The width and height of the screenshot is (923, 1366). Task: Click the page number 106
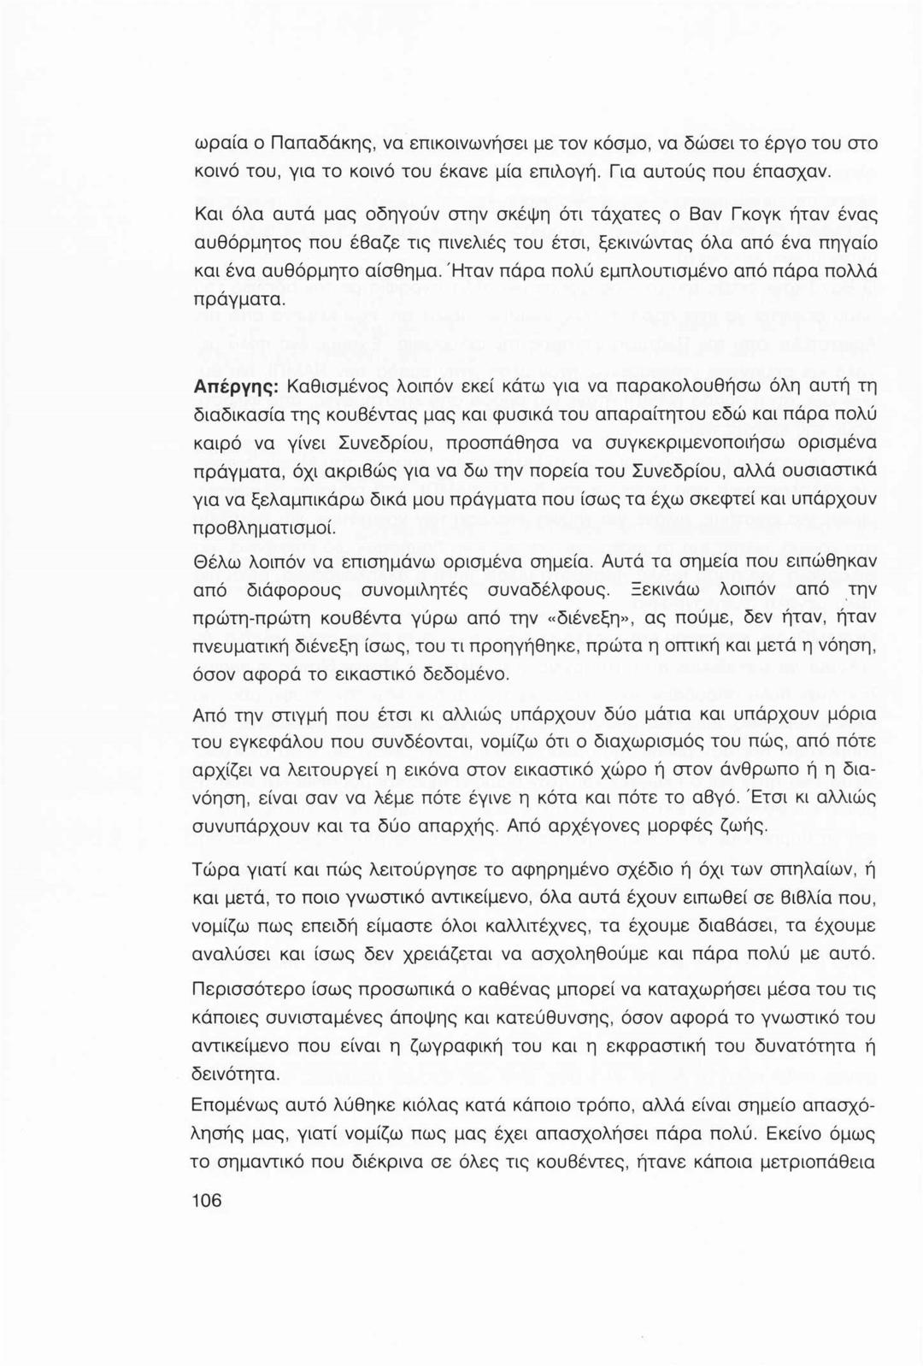click(x=208, y=1200)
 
